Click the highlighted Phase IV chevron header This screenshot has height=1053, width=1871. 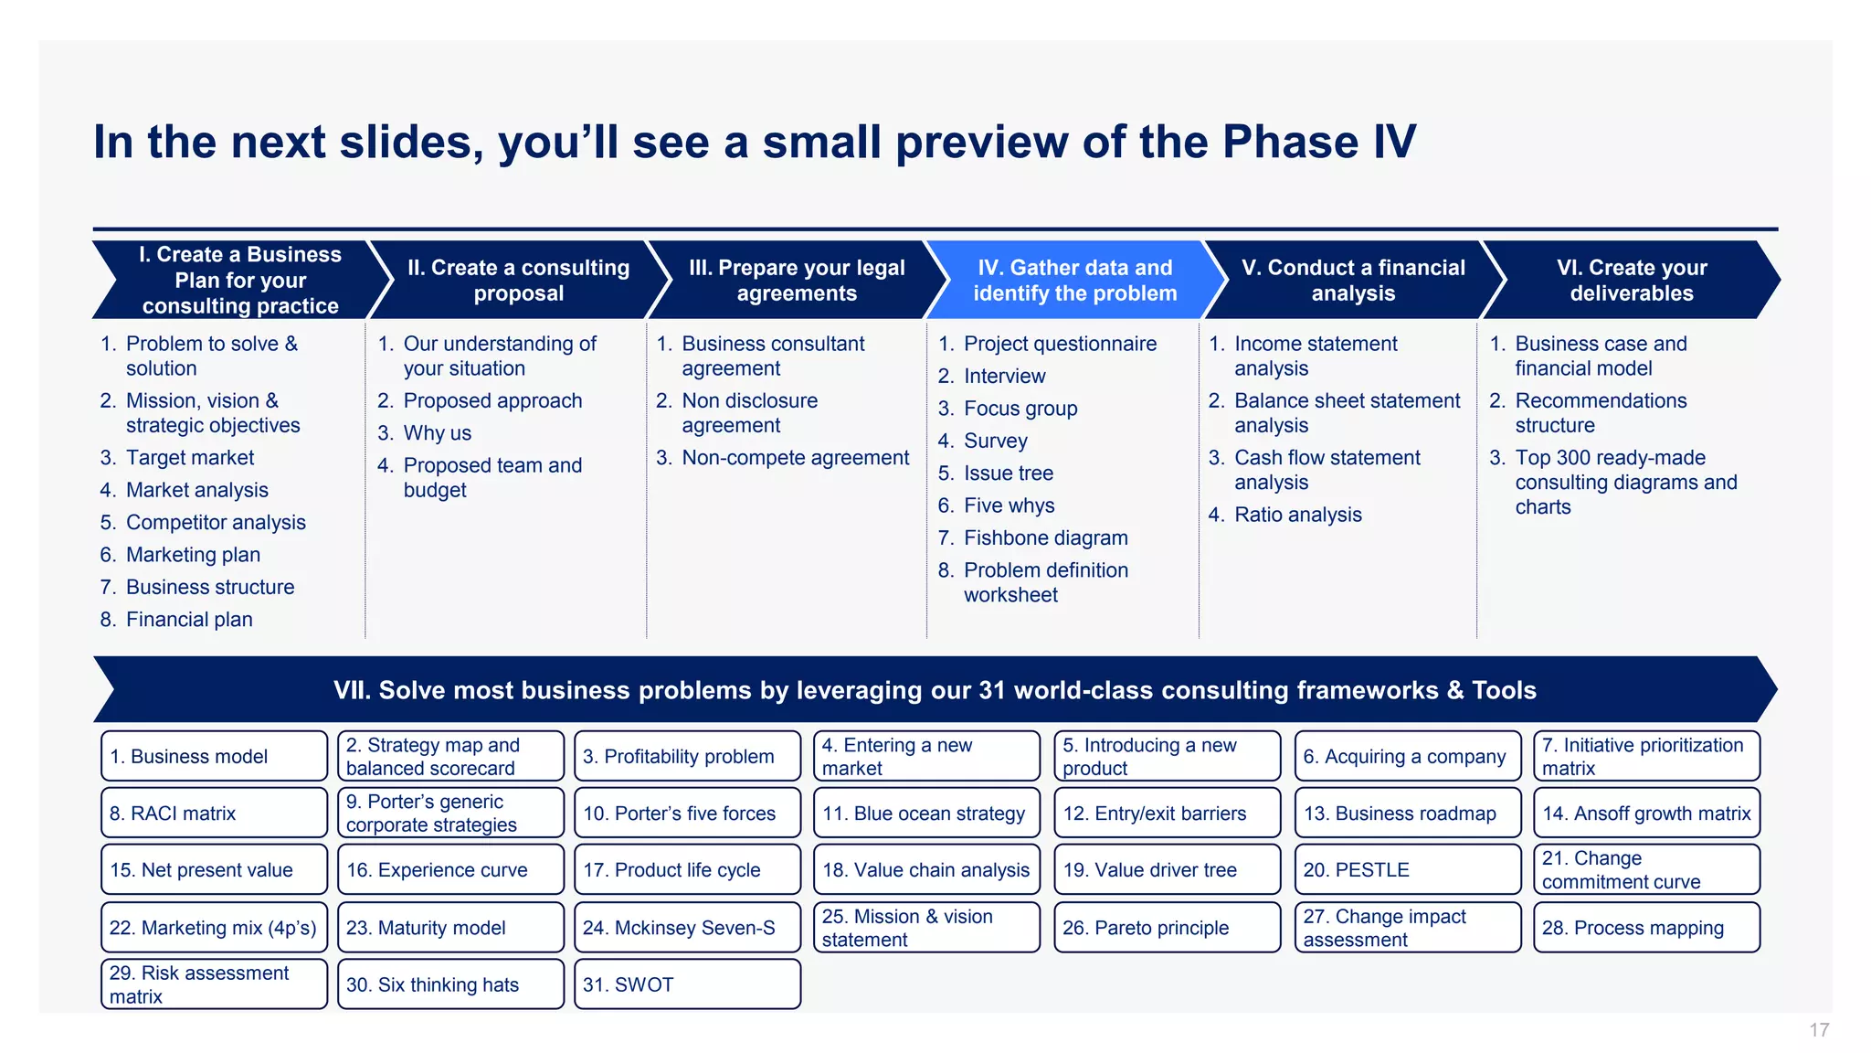1074,280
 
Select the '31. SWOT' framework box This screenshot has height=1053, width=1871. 687,984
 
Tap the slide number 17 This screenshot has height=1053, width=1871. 1818,1030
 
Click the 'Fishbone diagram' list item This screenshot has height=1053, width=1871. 1045,537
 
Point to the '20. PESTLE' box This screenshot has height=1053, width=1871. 1407,869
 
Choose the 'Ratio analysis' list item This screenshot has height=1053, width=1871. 1297,515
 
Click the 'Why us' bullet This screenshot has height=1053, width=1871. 437,433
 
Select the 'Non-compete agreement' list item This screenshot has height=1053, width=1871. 795,458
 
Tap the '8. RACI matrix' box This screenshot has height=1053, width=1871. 214,813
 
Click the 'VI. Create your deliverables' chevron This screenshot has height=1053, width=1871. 1631,280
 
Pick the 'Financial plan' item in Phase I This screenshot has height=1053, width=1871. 189,620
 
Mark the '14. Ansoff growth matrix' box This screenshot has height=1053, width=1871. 1646,813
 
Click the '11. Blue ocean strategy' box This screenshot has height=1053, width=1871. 925,813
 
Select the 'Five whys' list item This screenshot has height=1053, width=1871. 1009,505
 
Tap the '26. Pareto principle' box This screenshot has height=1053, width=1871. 1167,928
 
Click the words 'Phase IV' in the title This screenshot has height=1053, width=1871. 1318,142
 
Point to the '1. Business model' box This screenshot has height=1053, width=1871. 214,756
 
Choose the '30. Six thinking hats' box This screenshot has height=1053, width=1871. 450,984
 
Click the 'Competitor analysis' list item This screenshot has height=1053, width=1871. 216,523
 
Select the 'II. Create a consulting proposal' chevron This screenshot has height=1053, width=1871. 518,280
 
